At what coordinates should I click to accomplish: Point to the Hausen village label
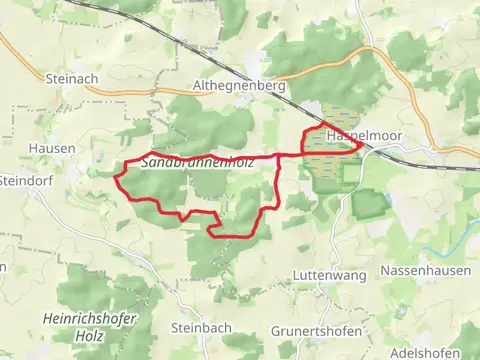[x=59, y=148]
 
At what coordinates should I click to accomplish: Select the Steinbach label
[x=200, y=327]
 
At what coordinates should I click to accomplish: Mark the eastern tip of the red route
[x=361, y=147]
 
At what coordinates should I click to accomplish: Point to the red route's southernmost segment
[x=235, y=236]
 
